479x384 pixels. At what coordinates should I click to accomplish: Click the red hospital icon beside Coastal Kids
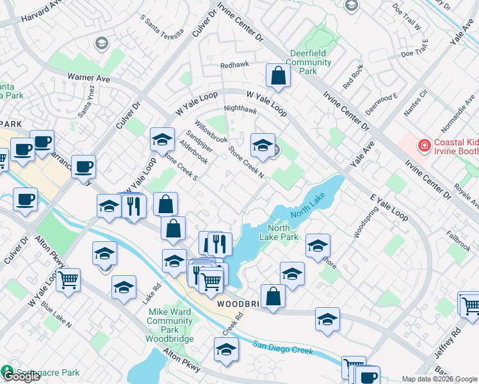click(x=423, y=146)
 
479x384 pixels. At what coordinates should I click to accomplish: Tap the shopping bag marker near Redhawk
click(x=278, y=77)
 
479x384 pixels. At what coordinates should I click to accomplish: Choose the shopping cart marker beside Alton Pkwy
click(x=68, y=279)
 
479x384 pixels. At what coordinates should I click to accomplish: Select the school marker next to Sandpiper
click(x=163, y=139)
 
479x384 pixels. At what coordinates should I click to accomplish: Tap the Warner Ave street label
click(x=93, y=77)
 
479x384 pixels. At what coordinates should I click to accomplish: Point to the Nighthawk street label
click(x=240, y=109)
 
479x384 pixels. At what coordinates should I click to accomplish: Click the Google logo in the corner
click(x=20, y=377)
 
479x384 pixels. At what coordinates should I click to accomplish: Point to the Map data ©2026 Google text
click(x=440, y=379)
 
